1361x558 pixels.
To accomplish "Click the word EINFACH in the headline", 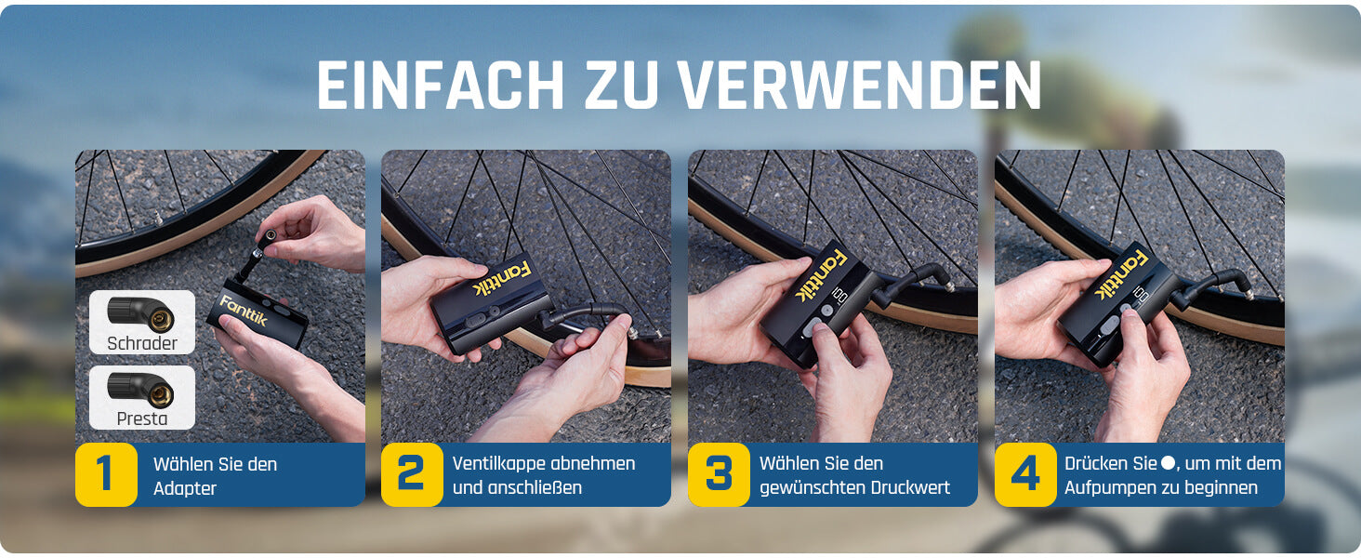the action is [441, 86].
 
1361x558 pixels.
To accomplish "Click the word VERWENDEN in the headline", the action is [859, 86].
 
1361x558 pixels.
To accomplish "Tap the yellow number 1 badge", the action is [106, 474].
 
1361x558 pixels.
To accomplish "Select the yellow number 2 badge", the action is [412, 474].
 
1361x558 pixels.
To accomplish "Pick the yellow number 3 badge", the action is [719, 474].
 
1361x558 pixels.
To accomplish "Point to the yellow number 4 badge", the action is [1025, 474].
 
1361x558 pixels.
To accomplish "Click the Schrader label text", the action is [142, 343].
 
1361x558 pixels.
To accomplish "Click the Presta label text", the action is [142, 418].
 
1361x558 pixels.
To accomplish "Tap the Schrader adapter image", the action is [141, 313].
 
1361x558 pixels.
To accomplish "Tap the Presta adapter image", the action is [141, 389].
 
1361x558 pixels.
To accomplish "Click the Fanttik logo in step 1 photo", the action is [243, 311].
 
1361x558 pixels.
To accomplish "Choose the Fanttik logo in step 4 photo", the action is [1121, 274].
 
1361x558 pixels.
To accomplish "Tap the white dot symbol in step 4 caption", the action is [1168, 464].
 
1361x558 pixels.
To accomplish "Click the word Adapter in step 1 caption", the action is [185, 489].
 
